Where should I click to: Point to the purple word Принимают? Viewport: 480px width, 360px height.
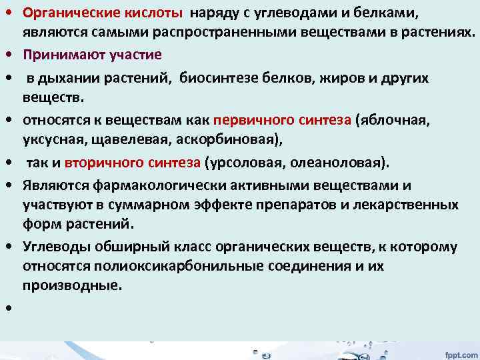(x=57, y=54)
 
